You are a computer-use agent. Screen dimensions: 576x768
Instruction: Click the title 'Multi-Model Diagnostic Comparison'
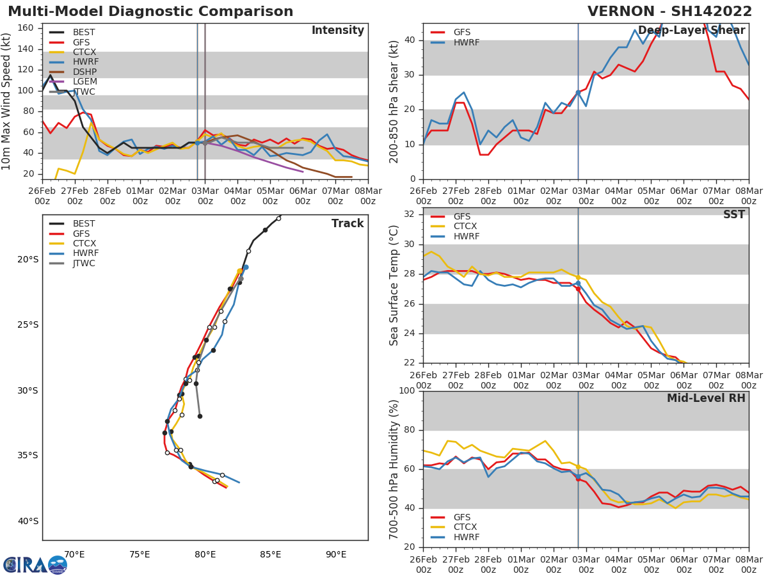click(x=150, y=12)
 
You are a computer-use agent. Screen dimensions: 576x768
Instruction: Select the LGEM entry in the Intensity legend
click(x=84, y=82)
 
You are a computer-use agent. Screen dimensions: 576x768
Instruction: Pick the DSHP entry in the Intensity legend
click(x=84, y=72)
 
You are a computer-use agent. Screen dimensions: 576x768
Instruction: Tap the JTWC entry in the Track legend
click(x=84, y=264)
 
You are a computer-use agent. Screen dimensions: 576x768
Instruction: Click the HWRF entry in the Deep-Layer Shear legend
click(x=466, y=43)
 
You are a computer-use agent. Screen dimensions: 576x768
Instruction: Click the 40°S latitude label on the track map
click(x=28, y=521)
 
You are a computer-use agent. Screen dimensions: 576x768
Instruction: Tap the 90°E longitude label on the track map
click(x=336, y=554)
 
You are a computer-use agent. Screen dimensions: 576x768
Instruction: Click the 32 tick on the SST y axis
click(x=409, y=214)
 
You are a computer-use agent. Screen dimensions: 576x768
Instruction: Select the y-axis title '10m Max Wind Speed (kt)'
click(x=7, y=101)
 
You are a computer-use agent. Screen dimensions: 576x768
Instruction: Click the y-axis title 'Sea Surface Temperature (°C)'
click(x=394, y=285)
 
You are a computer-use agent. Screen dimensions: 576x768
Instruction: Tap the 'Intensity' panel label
click(x=337, y=31)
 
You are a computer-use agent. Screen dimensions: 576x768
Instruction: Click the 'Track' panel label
click(x=348, y=224)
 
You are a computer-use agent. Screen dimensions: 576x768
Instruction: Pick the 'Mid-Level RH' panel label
click(x=706, y=399)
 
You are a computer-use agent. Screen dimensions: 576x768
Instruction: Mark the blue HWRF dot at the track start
click(x=245, y=267)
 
